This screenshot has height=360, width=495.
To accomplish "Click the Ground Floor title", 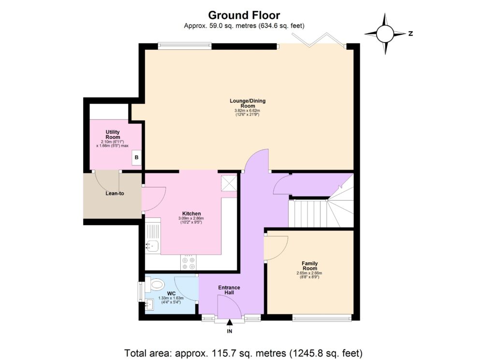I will pos(244,15).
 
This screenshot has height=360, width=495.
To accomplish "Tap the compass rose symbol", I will pos(385,34).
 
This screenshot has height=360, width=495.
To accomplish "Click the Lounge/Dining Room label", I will pos(247,103).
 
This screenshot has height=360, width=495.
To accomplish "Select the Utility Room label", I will pos(113,134).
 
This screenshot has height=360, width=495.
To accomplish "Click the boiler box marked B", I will pos(136,158).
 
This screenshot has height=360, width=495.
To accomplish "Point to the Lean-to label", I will pos(115,194).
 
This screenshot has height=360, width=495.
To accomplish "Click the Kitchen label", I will pos(191,214).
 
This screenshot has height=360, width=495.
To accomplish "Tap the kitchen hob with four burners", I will pos(188,262).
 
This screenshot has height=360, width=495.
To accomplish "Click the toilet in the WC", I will pos(156,285).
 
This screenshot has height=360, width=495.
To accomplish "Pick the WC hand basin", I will pos(149,304).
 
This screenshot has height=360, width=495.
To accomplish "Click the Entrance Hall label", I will pos(229,290).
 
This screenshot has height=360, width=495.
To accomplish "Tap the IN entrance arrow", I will pos(229,322).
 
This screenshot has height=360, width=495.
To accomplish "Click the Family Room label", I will pos(309,266).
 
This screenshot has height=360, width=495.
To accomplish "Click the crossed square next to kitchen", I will pos(229,184).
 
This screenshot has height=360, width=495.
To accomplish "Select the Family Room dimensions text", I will pos(309,275).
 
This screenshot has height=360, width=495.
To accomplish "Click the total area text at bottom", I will pos(244,352).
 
